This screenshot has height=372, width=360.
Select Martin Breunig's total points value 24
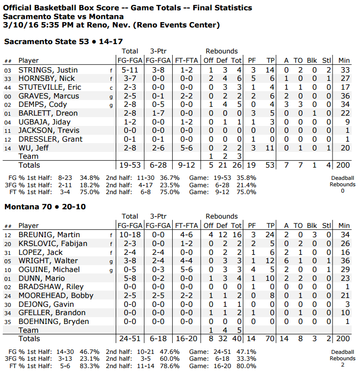(270, 235)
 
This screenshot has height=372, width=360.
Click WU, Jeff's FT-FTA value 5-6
(186, 148)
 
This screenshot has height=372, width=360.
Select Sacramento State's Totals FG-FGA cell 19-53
(129, 165)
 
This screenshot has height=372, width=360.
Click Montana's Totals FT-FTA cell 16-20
(186, 339)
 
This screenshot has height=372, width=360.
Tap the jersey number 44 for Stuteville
(7, 88)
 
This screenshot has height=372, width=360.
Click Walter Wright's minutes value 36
(344, 261)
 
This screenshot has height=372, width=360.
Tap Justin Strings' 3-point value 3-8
(158, 70)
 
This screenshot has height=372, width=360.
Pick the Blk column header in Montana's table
(312, 225)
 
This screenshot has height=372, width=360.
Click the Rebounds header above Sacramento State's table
(222, 51)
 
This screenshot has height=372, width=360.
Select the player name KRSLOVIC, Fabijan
(53, 244)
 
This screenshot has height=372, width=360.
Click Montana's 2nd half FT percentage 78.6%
(169, 366)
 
